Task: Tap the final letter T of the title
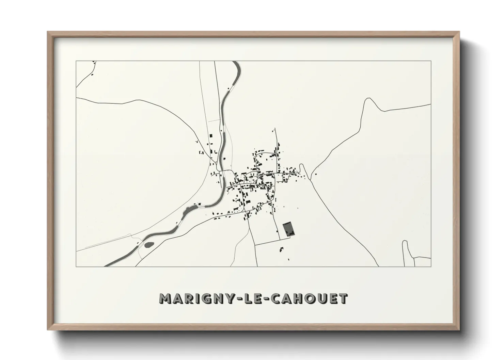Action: coord(344,299)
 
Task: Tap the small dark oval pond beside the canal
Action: coord(149,244)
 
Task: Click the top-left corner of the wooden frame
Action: coord(48,32)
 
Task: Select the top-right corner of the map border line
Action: coord(431,61)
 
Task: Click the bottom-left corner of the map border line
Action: coord(76,266)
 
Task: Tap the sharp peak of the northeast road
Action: coord(367,99)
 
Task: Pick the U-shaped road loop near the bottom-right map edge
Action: coord(405,242)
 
